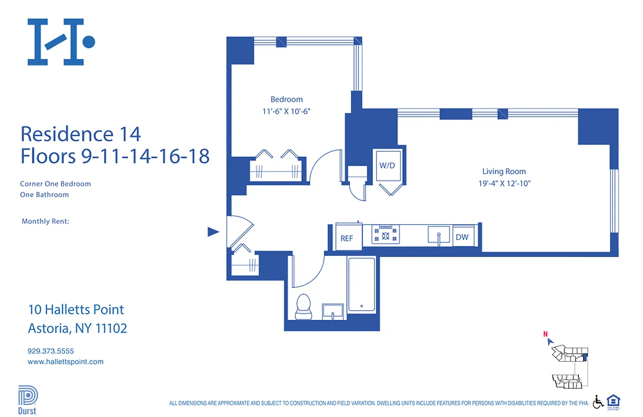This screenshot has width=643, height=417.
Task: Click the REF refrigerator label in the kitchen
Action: (347, 238)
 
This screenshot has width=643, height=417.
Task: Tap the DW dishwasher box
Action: (462, 237)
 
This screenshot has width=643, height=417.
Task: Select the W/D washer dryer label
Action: (387, 166)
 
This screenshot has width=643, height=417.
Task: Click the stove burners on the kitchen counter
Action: (385, 235)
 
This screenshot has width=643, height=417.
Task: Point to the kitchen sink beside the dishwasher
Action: (439, 236)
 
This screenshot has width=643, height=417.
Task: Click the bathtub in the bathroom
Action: (361, 285)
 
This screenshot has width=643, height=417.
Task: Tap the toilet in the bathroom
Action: (303, 307)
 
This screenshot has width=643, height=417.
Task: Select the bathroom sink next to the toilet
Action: (332, 311)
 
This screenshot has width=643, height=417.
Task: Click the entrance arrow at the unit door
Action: (213, 232)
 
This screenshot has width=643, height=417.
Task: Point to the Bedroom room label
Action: (286, 100)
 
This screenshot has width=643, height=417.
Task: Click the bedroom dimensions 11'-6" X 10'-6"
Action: (286, 111)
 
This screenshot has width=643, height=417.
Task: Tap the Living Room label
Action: (504, 171)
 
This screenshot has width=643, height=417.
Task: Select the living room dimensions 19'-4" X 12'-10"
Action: (504, 183)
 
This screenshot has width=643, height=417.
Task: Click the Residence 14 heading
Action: (81, 134)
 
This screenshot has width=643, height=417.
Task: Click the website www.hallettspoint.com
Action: (65, 361)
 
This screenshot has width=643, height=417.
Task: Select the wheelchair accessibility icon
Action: (598, 401)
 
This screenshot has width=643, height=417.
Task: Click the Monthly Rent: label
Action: (45, 222)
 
